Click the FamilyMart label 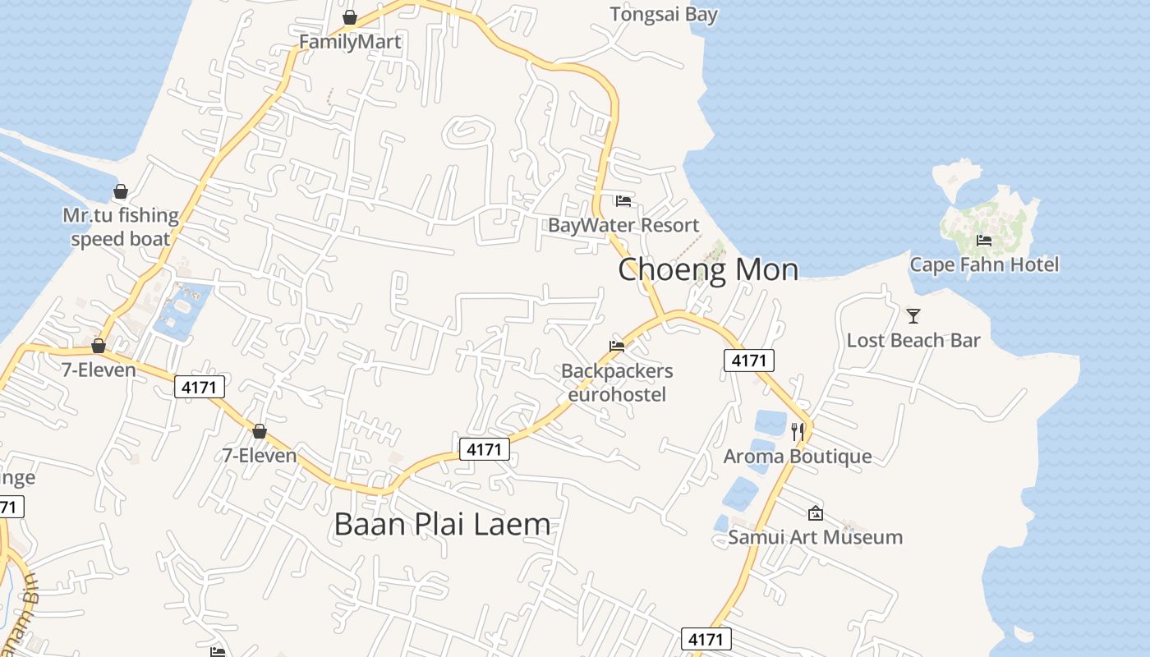tap(350, 42)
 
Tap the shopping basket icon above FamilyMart tap(350, 17)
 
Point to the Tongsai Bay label tap(664, 14)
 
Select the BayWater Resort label tap(623, 225)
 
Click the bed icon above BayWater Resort tap(623, 200)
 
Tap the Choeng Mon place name tap(707, 269)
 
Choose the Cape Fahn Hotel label tap(984, 264)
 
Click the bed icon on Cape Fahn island tap(984, 241)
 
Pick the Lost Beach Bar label tap(913, 340)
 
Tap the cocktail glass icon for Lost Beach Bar tap(913, 315)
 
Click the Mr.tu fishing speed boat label tap(121, 227)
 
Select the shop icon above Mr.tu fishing tap(121, 191)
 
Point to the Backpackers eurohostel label tap(617, 382)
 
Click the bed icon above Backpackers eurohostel tap(617, 347)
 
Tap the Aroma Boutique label tap(797, 456)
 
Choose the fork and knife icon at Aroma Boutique tap(797, 430)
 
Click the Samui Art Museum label tap(815, 537)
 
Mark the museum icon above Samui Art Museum tap(816, 513)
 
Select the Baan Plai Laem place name tap(442, 524)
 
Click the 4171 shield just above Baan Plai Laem tap(483, 449)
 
